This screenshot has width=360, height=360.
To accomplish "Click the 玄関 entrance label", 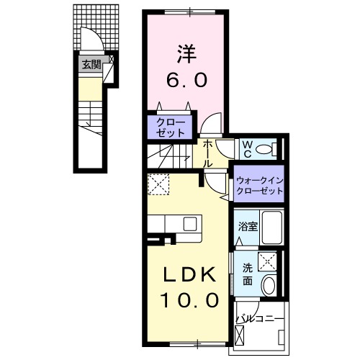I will [90, 66].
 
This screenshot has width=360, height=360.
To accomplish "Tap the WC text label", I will [246, 149].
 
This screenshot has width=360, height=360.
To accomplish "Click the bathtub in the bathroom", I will [270, 228].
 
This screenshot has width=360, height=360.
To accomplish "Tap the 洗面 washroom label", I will [246, 273].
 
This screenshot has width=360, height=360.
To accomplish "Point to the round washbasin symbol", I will [269, 284].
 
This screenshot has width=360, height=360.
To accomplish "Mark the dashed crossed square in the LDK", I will [158, 186].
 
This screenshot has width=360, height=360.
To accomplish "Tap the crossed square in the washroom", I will [269, 261].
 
